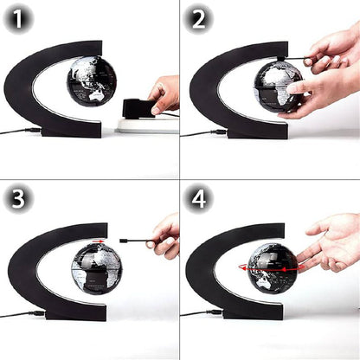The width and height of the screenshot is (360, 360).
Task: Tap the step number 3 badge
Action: click(x=18, y=200)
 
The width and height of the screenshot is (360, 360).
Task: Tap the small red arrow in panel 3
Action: click(x=103, y=241)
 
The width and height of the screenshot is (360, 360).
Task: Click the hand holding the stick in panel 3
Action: click(x=165, y=236)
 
